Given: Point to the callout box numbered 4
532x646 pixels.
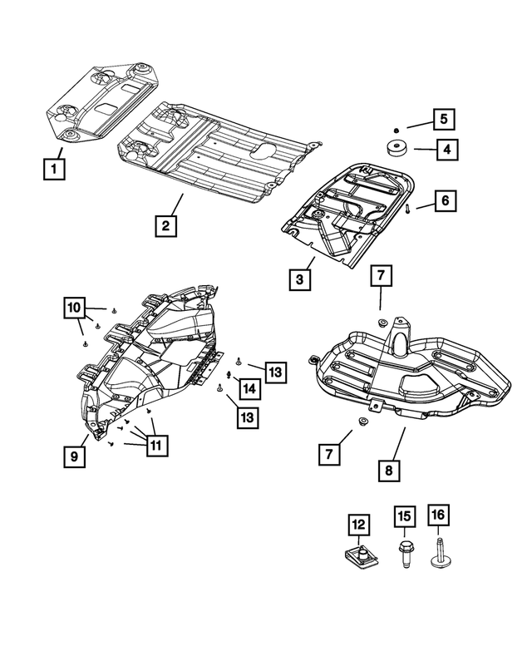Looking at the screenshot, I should [446, 150].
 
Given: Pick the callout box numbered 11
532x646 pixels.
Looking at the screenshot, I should [155, 445].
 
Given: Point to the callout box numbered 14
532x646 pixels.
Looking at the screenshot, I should [249, 390].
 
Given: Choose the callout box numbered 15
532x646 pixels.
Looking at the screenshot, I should [404, 517].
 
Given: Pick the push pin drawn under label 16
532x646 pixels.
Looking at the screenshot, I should [438, 552].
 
